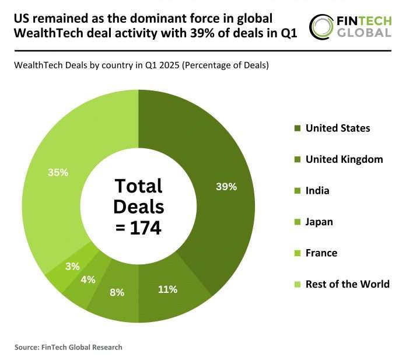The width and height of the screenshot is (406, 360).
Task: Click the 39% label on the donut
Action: pos(226,187)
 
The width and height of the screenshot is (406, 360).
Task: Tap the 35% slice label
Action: pos(58,173)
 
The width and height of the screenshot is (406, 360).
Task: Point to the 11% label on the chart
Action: pos(167,289)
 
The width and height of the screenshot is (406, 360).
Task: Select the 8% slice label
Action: pos(117,292)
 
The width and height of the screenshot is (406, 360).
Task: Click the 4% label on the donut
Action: pos(88,279)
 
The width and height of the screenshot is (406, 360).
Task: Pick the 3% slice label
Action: pos(72,266)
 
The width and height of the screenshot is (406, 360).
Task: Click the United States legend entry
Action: pos(337,128)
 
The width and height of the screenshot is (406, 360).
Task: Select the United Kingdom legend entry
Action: pos(344,159)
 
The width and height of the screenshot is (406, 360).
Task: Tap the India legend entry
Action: pos(317,190)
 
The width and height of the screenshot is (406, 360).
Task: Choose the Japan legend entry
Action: pos(319,222)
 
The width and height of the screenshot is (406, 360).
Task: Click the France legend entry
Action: pos(321,253)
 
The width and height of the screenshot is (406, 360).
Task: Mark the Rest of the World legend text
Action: pos(347,284)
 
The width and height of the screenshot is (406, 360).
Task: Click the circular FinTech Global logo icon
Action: pos(321,26)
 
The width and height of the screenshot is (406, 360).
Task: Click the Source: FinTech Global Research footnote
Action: pos(68,347)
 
